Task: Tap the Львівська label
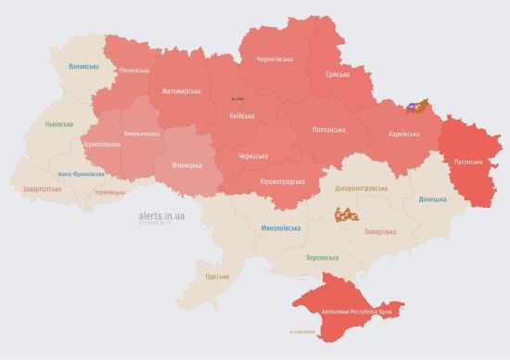pyautogui.click(x=58, y=123)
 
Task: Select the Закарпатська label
pyautogui.click(x=43, y=188)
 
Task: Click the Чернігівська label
pyautogui.click(x=274, y=58)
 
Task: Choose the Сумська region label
pyautogui.click(x=338, y=74)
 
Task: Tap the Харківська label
pyautogui.click(x=402, y=134)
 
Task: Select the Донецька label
pyautogui.click(x=431, y=199)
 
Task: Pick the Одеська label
pyautogui.click(x=217, y=276)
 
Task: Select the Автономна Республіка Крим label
pyautogui.click(x=357, y=312)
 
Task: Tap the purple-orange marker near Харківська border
pyautogui.click(x=414, y=107)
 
